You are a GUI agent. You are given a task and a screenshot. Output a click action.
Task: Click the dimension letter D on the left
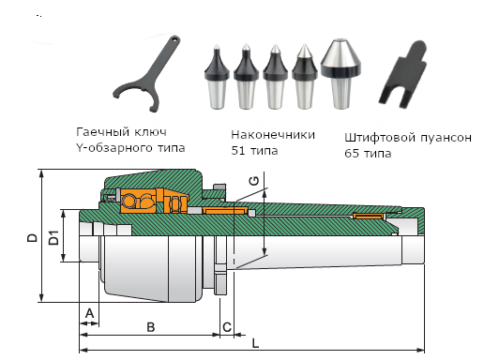32,238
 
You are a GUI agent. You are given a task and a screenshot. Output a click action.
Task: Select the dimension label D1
54,237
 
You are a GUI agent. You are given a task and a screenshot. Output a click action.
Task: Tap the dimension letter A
89,313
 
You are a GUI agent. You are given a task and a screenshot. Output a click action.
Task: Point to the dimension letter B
151,327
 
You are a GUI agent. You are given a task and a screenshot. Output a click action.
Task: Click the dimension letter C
227,327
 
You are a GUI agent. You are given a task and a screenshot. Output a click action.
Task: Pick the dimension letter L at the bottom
256,343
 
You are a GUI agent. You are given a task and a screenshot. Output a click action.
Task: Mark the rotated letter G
254,181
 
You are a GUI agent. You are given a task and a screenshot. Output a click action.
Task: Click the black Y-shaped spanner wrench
147,74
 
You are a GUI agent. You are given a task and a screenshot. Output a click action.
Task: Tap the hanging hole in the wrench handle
174,39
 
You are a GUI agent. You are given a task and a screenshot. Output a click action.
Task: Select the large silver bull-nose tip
340,74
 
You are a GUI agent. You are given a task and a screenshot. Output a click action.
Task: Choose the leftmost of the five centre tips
217,77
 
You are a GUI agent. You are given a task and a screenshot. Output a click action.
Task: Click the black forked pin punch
402,74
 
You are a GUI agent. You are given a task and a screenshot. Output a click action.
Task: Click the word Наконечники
273,135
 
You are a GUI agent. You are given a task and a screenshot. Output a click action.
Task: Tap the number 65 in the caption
352,154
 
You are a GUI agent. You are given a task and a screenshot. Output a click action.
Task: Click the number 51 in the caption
237,151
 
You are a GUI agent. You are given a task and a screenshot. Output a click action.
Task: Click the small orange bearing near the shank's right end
369,217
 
